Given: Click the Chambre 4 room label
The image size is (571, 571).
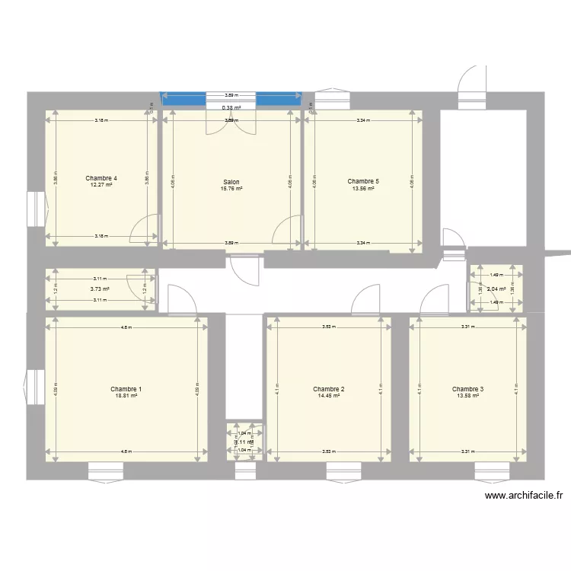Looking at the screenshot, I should [101, 179].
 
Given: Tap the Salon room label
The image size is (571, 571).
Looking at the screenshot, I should [231, 182].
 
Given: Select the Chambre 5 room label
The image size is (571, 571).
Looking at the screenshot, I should [363, 182].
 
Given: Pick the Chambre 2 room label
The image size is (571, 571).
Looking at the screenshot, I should [329, 389].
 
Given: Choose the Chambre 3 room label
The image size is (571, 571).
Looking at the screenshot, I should [467, 389].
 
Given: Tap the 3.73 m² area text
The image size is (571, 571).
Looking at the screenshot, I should [100, 289].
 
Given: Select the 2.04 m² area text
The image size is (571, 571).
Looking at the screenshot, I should [496, 289].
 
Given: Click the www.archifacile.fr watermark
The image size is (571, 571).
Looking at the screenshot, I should [524, 496].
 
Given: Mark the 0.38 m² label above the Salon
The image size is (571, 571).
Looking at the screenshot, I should [231, 108].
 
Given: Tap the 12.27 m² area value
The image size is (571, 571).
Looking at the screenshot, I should [101, 186].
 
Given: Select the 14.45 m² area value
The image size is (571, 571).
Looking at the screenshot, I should [329, 396].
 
